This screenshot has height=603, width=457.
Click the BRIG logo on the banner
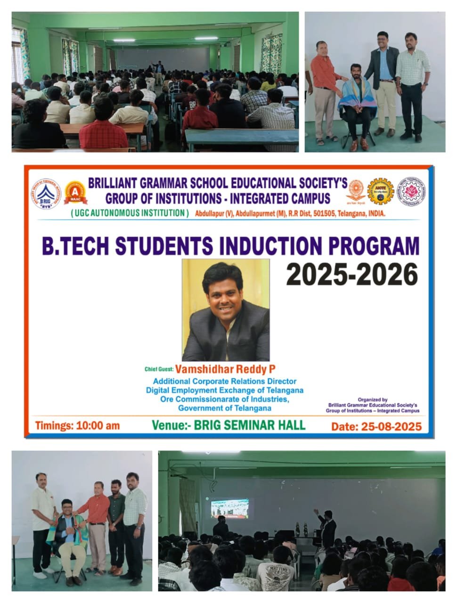click(x=46, y=194)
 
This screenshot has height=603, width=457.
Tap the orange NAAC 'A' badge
click(x=75, y=193)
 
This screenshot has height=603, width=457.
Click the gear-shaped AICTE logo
click(x=380, y=191)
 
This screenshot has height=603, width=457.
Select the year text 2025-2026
click(x=352, y=274)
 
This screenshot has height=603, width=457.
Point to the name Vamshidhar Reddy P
click(x=225, y=369)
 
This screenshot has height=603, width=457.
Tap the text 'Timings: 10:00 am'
click(x=77, y=426)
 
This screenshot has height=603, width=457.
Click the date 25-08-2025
click(x=376, y=427)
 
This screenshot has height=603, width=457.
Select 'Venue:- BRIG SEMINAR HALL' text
click(x=228, y=425)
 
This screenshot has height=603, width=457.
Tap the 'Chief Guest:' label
click(x=159, y=370)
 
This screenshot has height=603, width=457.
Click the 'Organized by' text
click(x=372, y=399)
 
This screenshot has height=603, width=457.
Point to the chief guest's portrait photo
click(x=226, y=310)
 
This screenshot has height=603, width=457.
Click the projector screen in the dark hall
click(x=229, y=508)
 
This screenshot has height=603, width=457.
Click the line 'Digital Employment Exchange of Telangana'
click(x=224, y=390)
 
